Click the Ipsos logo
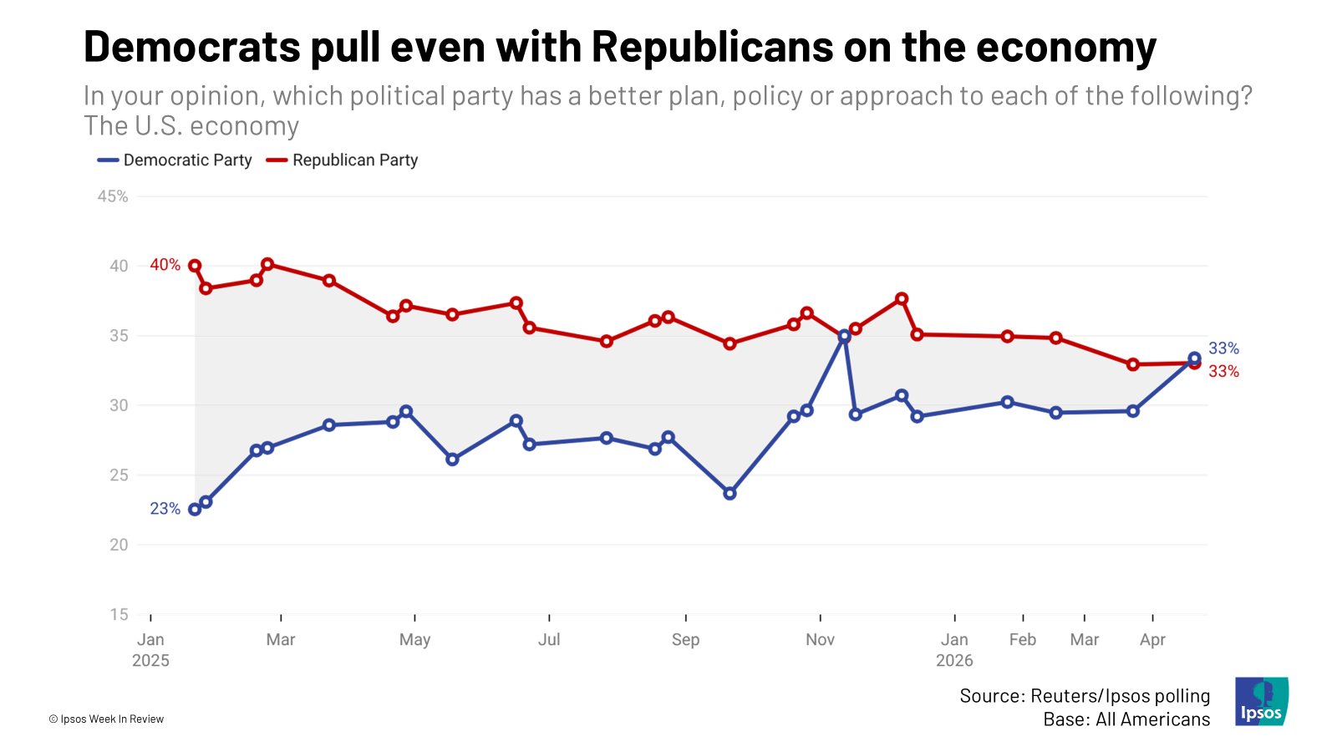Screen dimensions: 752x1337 tap(1262, 701)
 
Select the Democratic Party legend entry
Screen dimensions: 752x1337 tap(175, 160)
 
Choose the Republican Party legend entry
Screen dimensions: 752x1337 tap(343, 160)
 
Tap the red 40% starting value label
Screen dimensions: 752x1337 tap(165, 265)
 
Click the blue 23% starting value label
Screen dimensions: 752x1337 tap(165, 509)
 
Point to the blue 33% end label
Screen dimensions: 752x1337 tap(1223, 348)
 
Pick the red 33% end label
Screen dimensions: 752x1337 tap(1223, 372)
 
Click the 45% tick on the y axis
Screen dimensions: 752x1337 tap(113, 196)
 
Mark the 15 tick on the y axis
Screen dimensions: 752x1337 tap(119, 614)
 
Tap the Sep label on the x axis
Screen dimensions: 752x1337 tap(685, 640)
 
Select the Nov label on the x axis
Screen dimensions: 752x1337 tap(820, 640)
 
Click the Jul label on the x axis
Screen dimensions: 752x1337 tap(549, 640)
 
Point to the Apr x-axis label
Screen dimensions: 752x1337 tap(1152, 640)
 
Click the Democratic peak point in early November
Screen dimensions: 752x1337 tap(844, 336)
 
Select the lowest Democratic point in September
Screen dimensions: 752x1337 tap(730, 494)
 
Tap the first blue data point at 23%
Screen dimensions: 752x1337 tap(195, 510)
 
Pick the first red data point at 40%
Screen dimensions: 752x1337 tap(195, 266)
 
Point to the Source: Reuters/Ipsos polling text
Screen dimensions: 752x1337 tap(1085, 696)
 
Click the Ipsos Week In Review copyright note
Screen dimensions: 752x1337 tap(106, 719)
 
